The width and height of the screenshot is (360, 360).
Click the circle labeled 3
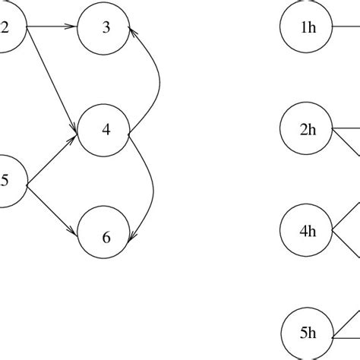pyautogui.click(x=105, y=29)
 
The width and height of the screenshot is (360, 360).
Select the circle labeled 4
pyautogui.click(x=105, y=130)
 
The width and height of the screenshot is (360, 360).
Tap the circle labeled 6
pyautogui.click(x=105, y=237)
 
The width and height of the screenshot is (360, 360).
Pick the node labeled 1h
pyautogui.click(x=308, y=29)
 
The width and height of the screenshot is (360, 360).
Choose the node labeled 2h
pyautogui.click(x=308, y=130)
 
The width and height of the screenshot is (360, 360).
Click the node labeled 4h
pyautogui.click(x=308, y=232)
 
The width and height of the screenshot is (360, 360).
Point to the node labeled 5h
pyautogui.click(x=308, y=333)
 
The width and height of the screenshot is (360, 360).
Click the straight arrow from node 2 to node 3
pyautogui.click(x=52, y=29)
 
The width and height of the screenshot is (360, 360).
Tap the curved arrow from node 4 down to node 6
pyautogui.click(x=152, y=186)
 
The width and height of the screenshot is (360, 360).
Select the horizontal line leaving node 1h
pyautogui.click(x=346, y=29)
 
